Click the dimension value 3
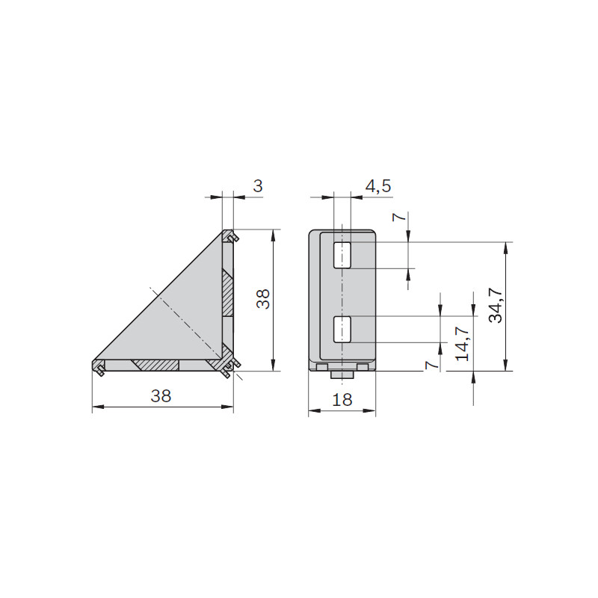pyautogui.click(x=258, y=186)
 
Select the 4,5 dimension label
pyautogui.click(x=378, y=186)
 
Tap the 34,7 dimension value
pyautogui.click(x=496, y=305)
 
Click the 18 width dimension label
pyautogui.click(x=342, y=400)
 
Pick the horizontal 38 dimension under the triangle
pyautogui.click(x=161, y=396)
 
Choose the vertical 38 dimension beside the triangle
pyautogui.click(x=263, y=299)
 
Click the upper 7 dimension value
pyautogui.click(x=398, y=218)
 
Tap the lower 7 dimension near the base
pyautogui.click(x=431, y=365)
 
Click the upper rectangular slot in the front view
pyautogui.click(x=342, y=255)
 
